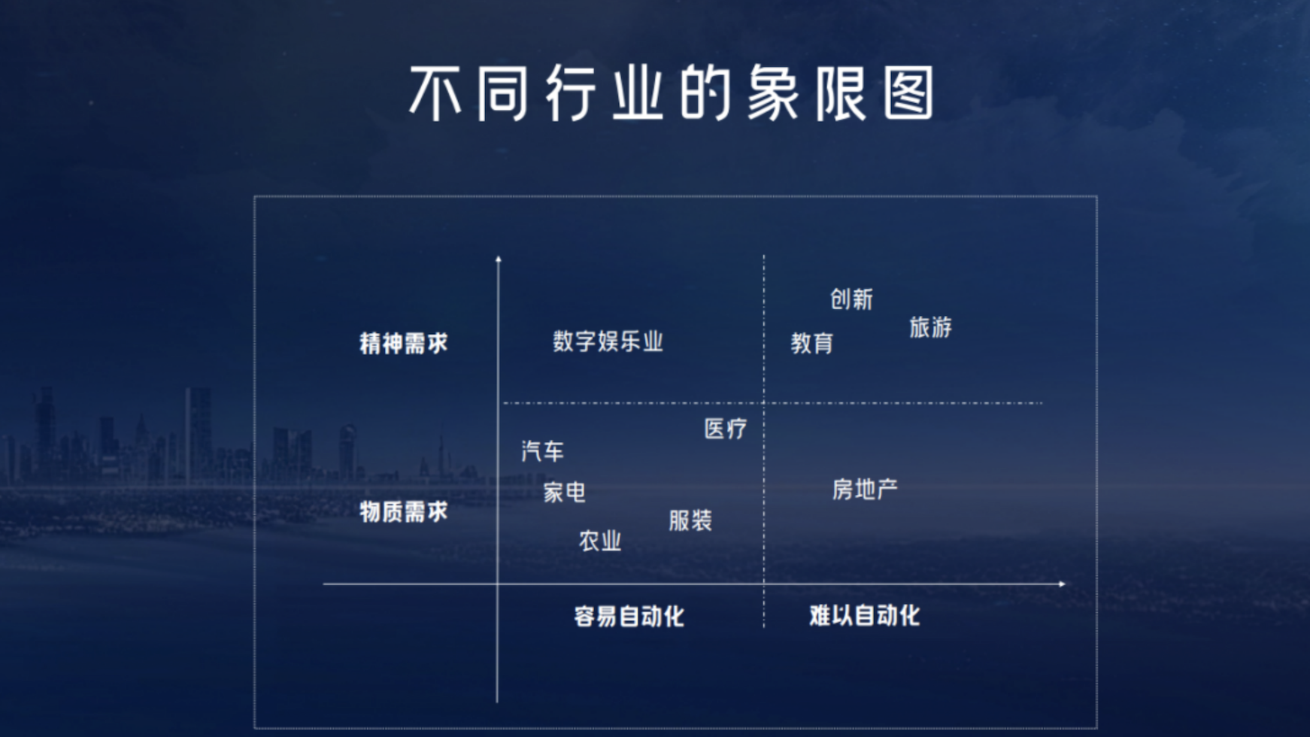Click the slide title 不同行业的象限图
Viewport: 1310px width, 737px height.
pos(672,93)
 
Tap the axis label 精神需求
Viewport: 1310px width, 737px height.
pos(404,344)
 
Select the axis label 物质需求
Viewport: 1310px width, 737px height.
pos(404,512)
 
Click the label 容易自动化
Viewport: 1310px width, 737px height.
pos(629,617)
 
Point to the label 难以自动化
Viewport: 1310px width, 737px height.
pos(864,616)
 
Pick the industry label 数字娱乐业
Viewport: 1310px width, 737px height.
pos(608,341)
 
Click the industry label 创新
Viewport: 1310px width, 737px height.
pos(851,299)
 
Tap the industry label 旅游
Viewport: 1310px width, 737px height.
pos(930,327)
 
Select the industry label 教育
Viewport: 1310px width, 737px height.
pos(812,344)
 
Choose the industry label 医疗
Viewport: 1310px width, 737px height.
pos(726,429)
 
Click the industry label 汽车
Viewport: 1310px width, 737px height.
pos(542,451)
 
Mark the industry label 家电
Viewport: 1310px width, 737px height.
pos(564,493)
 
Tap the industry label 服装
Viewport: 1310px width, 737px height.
pos(690,520)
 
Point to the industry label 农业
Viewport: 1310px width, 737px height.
pos(600,541)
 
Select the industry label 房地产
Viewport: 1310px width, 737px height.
pos(865,490)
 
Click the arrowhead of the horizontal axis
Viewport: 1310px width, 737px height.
pos(1063,584)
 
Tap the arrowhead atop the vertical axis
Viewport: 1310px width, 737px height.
pos(498,259)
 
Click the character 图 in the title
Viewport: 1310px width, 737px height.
pos(908,93)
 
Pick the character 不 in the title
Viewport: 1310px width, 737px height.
pos(435,93)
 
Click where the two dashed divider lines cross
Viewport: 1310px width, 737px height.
pos(764,403)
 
